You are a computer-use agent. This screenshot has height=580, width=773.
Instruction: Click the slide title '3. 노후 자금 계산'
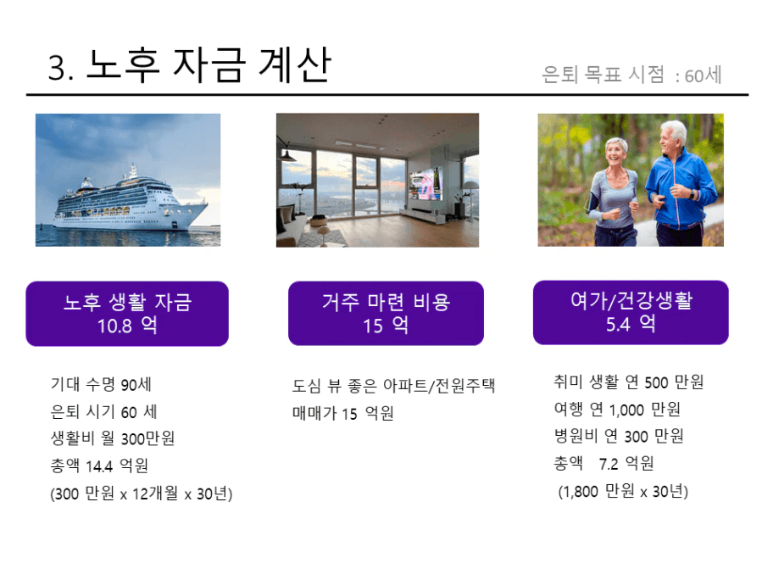[x=189, y=65]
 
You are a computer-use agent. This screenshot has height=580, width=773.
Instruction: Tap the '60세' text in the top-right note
[x=703, y=75]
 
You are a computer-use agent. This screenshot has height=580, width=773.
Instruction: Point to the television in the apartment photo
[x=425, y=183]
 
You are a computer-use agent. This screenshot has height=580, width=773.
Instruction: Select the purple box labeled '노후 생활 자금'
[x=127, y=314]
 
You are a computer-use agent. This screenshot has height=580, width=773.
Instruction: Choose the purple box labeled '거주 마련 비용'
[x=386, y=313]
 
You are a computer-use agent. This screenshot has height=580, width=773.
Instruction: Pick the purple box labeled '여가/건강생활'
[x=631, y=312]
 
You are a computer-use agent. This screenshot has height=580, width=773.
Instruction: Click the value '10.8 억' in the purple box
[x=127, y=326]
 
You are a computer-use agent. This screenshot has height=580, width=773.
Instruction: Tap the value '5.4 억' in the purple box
[x=631, y=324]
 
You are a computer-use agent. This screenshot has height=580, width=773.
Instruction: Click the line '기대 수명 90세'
[x=101, y=384]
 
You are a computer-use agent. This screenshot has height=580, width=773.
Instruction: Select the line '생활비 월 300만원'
[x=113, y=438]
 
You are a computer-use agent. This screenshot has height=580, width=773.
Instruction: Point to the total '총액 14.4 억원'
[x=99, y=465]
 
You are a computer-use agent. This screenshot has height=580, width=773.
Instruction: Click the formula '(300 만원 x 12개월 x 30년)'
[x=141, y=494]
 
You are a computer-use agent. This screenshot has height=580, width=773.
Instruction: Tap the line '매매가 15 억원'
[x=343, y=413]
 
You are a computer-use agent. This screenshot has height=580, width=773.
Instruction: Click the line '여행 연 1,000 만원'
[x=617, y=409]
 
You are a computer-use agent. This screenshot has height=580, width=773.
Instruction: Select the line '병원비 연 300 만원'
[x=619, y=436]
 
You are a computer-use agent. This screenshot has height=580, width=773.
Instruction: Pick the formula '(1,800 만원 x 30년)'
[x=623, y=491]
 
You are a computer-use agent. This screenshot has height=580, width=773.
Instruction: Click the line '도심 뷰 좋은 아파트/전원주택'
[x=393, y=385]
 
